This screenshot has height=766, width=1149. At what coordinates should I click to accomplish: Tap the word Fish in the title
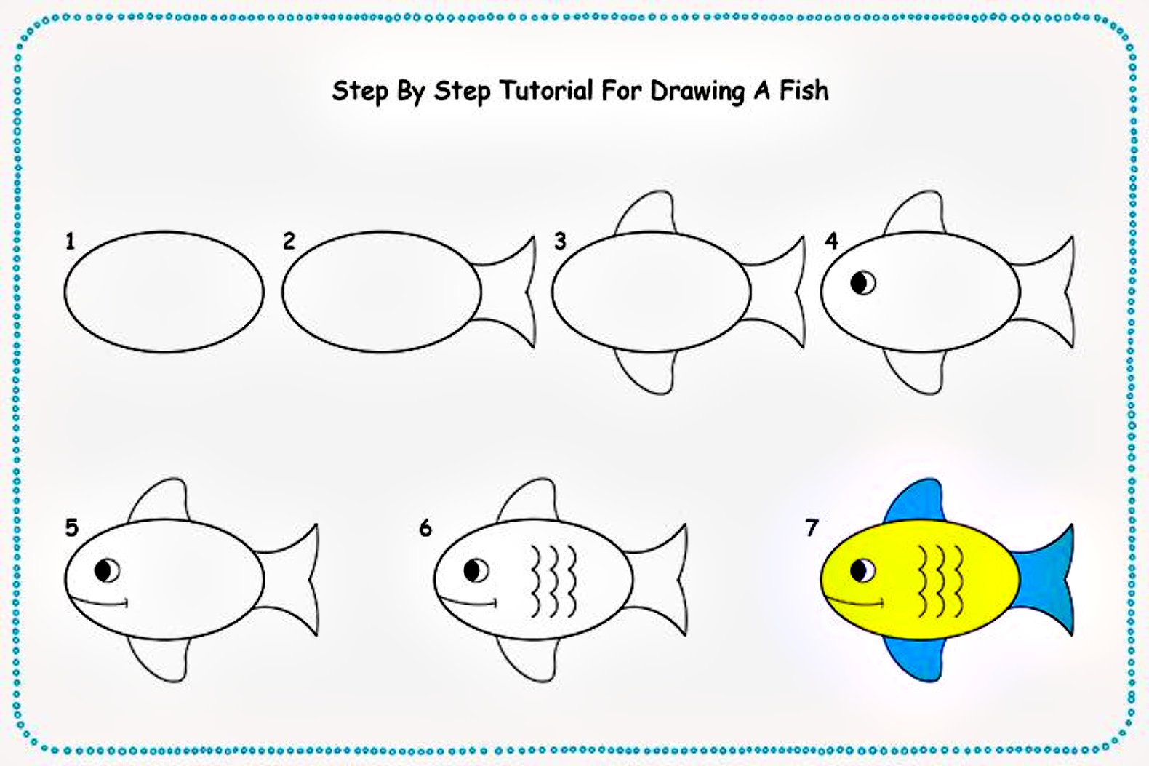coord(804,91)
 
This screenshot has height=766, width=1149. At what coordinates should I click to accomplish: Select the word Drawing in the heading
coord(697,92)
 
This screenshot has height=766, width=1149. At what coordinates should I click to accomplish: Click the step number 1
coord(71,241)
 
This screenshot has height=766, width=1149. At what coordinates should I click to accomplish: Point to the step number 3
coord(560,241)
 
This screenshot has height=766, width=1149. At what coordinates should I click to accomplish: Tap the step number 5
coord(72,528)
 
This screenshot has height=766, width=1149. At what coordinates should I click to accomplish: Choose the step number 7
coord(812,528)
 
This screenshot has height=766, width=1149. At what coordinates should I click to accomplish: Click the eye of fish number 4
coord(863,283)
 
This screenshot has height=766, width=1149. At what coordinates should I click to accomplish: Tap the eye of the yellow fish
coord(863,570)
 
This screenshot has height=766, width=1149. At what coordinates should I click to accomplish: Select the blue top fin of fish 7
coord(915,502)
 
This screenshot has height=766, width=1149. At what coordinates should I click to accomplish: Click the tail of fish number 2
coord(508,292)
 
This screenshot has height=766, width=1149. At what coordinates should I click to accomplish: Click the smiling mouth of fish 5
coord(98,602)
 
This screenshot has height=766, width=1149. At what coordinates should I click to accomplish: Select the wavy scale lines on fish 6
coord(553,581)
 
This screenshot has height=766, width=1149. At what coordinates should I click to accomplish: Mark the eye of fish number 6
coord(476,570)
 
